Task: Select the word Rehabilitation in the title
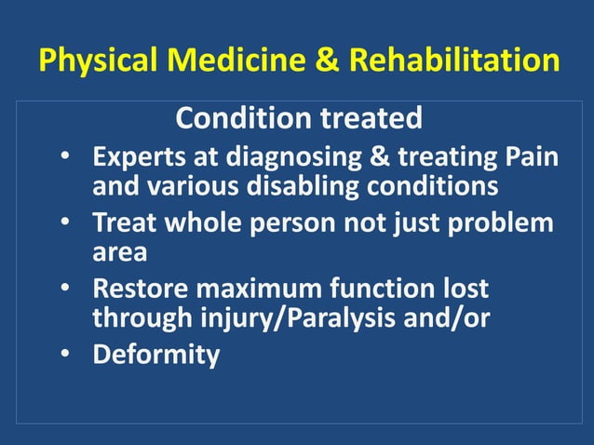pos(454,61)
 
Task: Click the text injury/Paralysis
pos(287,318)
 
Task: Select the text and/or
pos(452,318)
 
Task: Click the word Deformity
pos(155,356)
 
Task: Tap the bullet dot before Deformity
pos(68,355)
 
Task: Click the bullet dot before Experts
pos(68,156)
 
